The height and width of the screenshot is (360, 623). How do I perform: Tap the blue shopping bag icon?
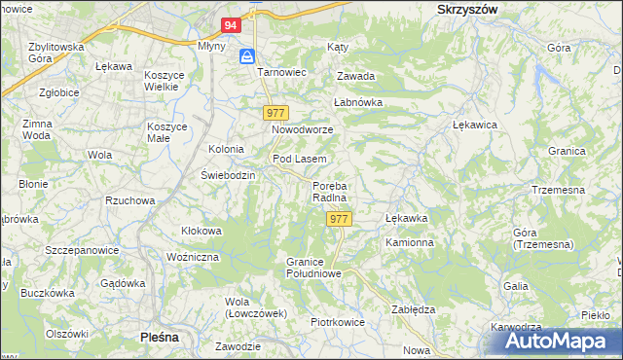[x=247, y=55]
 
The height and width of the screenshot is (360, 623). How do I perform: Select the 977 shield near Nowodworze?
[x=276, y=114]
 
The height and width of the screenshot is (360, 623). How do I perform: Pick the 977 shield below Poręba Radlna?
[x=339, y=219]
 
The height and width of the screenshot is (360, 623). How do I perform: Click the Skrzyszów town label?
[x=462, y=8]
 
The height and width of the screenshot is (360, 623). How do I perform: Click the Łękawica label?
[x=476, y=125]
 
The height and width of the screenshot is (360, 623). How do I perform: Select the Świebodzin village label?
[x=228, y=175]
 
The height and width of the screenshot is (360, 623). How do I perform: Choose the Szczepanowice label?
[x=82, y=250]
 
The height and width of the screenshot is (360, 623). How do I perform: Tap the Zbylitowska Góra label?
[x=56, y=52]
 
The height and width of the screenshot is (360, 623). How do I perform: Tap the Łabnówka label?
[x=358, y=101]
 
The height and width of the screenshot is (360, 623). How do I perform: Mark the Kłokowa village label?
[x=202, y=231]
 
